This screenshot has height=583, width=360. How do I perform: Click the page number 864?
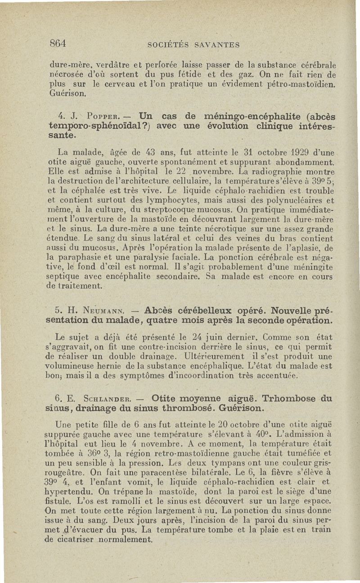tap(58, 44)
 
